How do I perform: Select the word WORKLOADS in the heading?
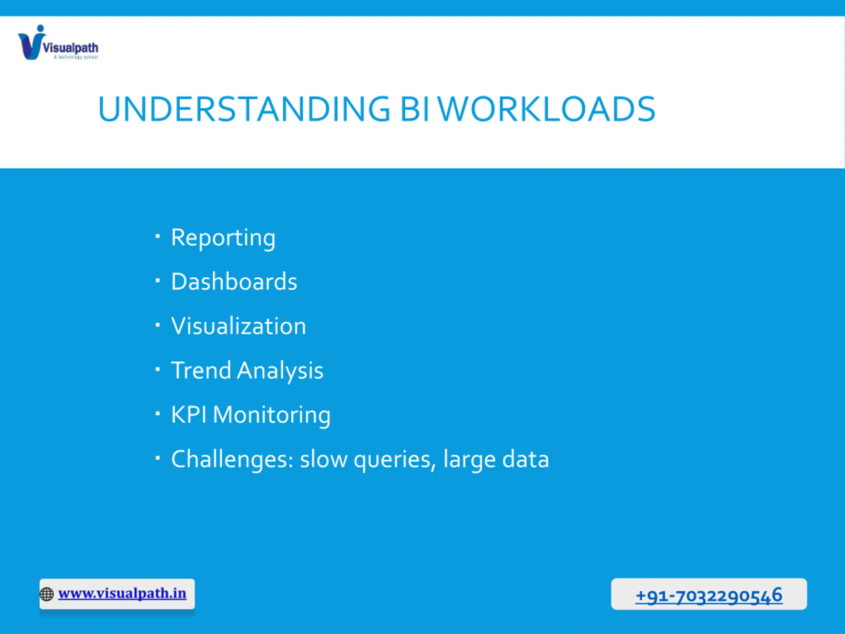(547, 109)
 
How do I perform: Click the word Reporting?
(223, 238)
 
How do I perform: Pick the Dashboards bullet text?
(234, 282)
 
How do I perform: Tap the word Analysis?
(280, 371)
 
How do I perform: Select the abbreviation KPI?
(189, 415)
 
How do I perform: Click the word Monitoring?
(272, 415)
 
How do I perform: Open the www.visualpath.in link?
(122, 593)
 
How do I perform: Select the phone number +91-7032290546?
(709, 595)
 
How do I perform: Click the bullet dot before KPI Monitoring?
(157, 413)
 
